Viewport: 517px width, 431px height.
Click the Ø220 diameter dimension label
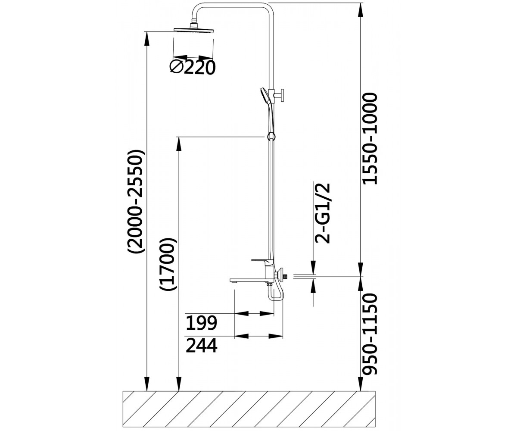coord(193,67)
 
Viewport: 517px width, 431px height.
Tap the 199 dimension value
coord(201,323)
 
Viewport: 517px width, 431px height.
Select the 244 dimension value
coord(201,345)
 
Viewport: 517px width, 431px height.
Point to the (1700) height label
coord(168,264)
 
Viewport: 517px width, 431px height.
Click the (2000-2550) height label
coord(135,201)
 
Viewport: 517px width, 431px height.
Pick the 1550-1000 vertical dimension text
coord(370,138)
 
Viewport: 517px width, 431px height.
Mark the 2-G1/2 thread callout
coord(322,213)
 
